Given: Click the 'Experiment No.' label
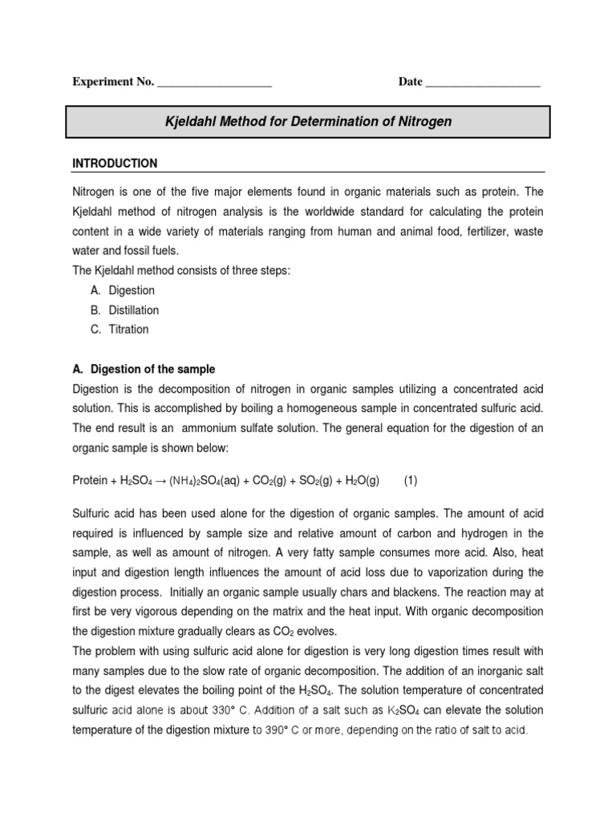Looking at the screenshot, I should pyautogui.click(x=113, y=83).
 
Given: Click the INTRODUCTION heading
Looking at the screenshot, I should pyautogui.click(x=115, y=164).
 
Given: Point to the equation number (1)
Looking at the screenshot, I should pyautogui.click(x=411, y=481).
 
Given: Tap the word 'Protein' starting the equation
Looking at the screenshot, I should pyautogui.click(x=90, y=481).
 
